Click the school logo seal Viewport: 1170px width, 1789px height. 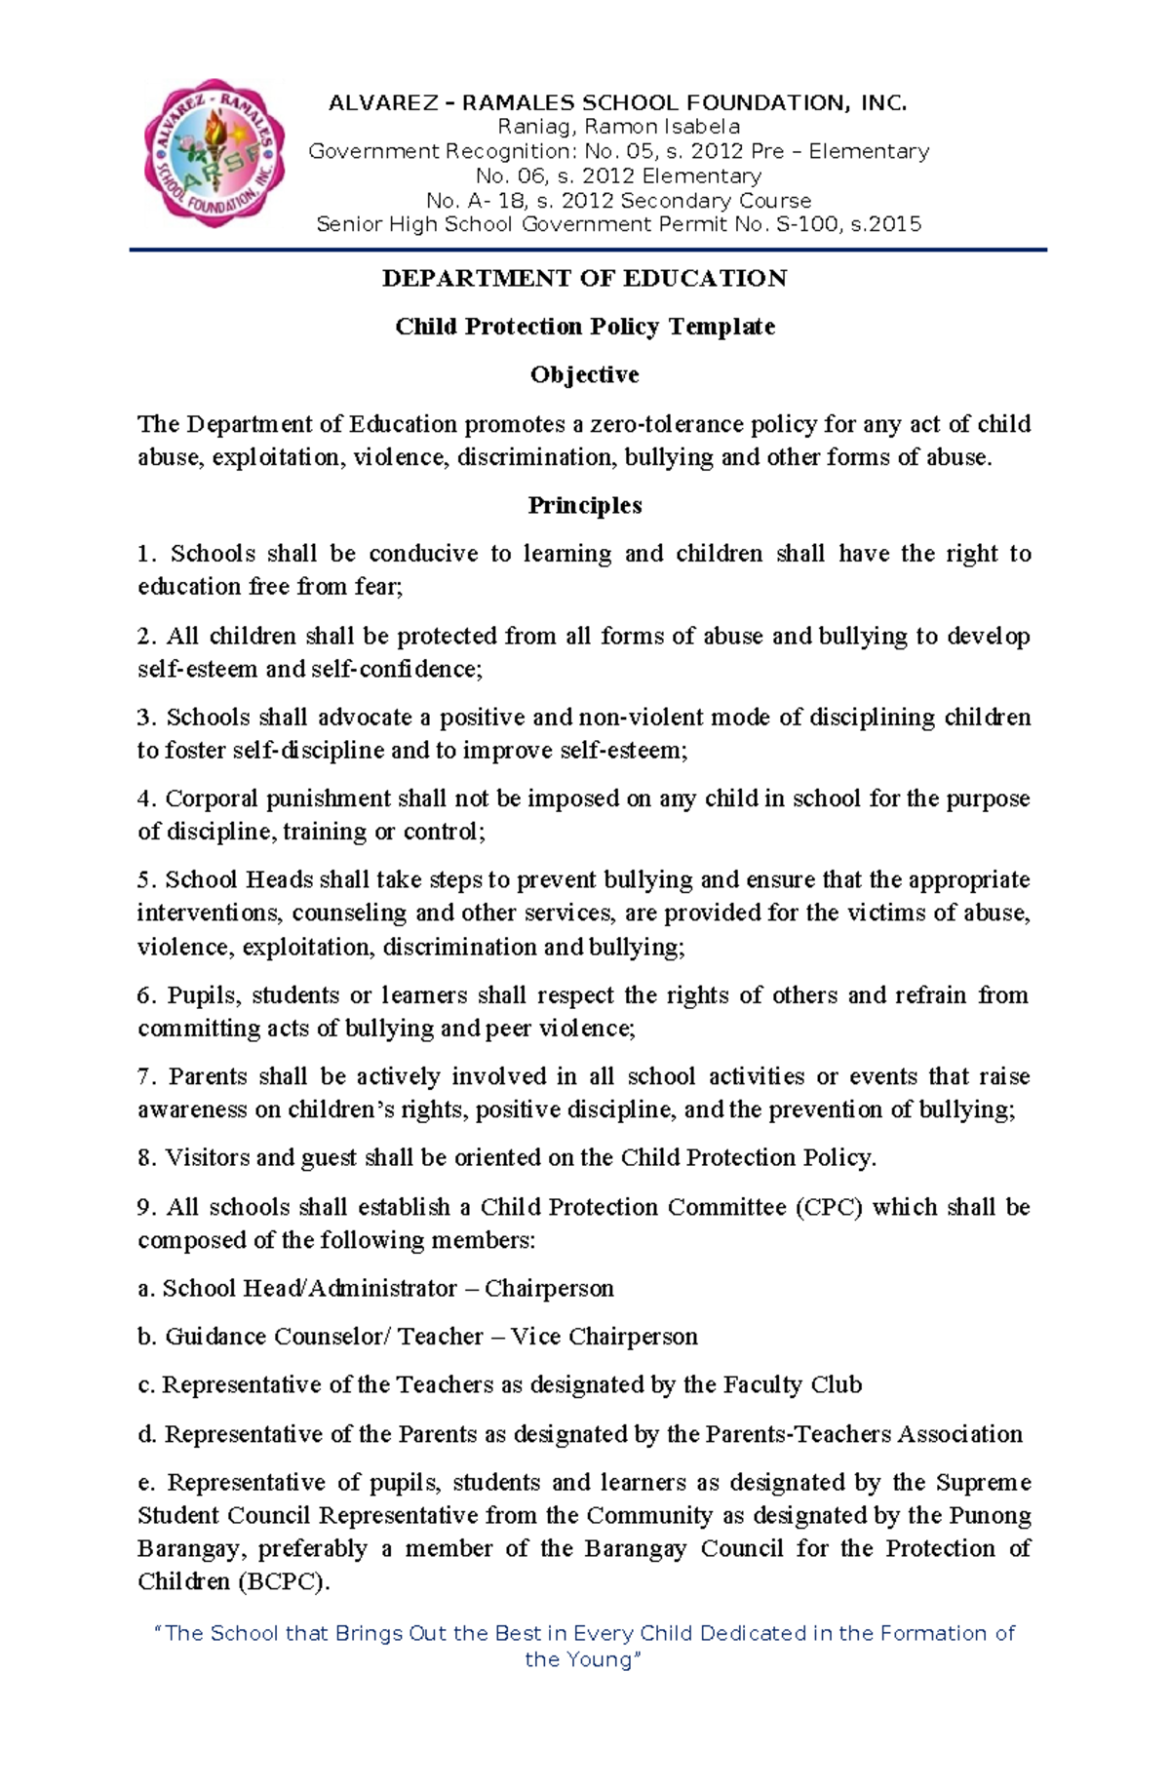coord(214,154)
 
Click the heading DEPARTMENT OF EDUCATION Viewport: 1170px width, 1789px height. coord(584,279)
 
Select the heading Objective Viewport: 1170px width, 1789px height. coord(584,374)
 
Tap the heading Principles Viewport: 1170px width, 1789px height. coord(584,505)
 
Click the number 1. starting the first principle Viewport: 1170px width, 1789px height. coord(146,554)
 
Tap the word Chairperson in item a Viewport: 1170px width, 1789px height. coord(549,1289)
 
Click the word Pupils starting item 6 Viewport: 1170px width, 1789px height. coord(202,995)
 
